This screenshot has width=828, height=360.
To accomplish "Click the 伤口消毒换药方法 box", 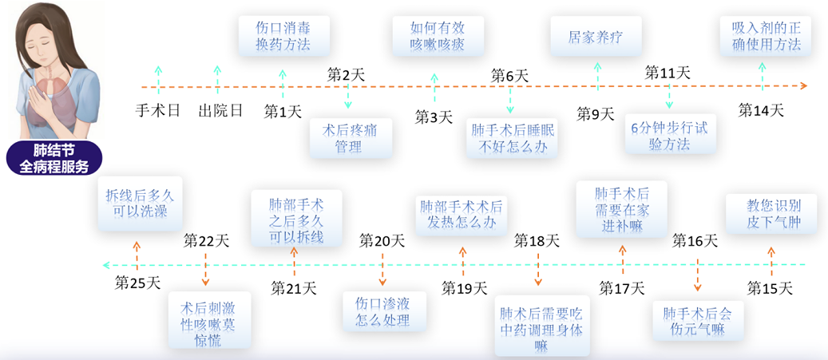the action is click(x=283, y=35).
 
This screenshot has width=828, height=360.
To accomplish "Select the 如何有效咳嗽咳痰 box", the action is click(x=438, y=35).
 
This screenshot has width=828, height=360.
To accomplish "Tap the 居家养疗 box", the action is click(x=596, y=35).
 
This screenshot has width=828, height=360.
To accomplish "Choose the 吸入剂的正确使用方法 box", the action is click(x=767, y=35).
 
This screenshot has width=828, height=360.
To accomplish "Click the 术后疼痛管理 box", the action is click(x=351, y=138).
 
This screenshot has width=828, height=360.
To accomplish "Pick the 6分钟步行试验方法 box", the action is click(x=670, y=134).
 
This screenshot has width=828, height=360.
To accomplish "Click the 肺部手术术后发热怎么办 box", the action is click(x=462, y=215).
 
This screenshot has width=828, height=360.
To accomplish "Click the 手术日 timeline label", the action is click(x=158, y=110).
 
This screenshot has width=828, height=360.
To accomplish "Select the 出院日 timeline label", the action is click(x=220, y=110).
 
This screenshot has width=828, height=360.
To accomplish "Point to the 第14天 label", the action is click(x=761, y=110).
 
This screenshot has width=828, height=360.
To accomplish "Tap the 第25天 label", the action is click(x=138, y=283).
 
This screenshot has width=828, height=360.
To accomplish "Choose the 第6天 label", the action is click(x=509, y=75).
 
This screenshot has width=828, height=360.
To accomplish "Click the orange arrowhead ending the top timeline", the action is click(x=804, y=85).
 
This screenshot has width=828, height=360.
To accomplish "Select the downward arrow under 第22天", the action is click(x=205, y=269).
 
